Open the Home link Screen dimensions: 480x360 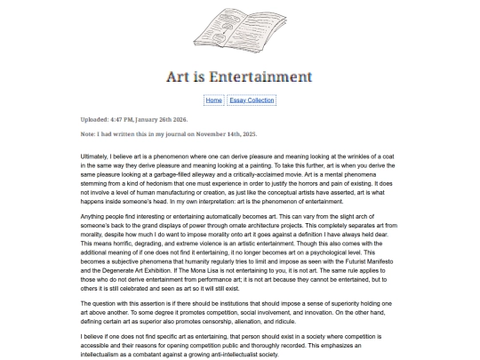pos(213,100)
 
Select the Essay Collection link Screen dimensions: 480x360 pos(252,100)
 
